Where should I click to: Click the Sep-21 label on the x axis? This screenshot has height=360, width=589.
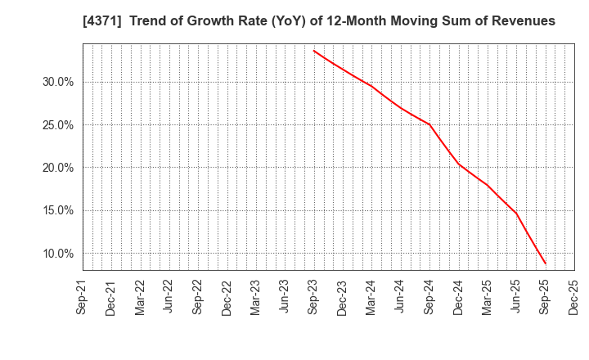(82, 296)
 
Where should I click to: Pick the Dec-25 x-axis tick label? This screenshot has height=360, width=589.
(574, 296)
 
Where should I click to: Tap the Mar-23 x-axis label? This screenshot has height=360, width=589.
(255, 296)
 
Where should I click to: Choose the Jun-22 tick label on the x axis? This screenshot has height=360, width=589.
(169, 296)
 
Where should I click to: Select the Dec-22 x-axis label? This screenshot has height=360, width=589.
(227, 296)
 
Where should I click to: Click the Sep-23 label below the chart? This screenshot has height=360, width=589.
(313, 296)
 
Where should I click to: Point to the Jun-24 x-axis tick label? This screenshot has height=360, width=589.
(400, 296)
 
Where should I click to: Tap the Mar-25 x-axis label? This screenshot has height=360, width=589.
(488, 296)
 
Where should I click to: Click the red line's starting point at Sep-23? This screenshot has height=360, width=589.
(313, 51)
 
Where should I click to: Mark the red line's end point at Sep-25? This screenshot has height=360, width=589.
(546, 264)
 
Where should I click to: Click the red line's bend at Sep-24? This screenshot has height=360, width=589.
(429, 124)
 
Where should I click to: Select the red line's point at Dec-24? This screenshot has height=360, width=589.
(458, 164)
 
